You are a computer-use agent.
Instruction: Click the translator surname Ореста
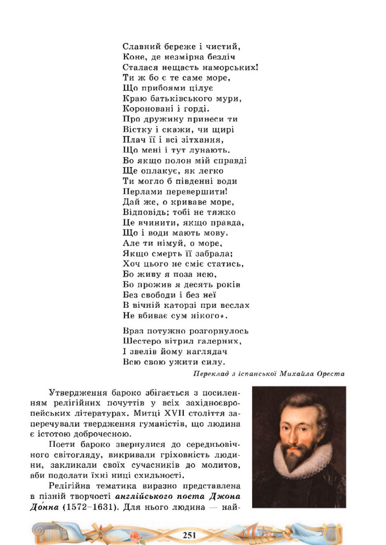329,374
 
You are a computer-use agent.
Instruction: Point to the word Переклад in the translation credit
211,374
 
